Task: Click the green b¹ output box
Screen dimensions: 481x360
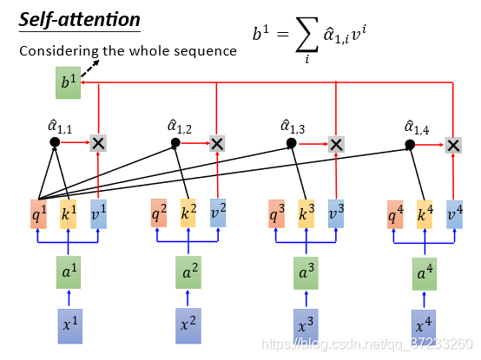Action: pyautogui.click(x=68, y=82)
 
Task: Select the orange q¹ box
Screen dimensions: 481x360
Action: pyautogui.click(x=39, y=214)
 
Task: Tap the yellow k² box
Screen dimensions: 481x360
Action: pyautogui.click(x=188, y=213)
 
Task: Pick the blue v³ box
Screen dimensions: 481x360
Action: pyautogui.click(x=336, y=214)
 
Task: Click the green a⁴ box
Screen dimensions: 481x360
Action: pyautogui.click(x=425, y=274)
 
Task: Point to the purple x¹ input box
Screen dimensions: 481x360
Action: pyautogui.click(x=70, y=326)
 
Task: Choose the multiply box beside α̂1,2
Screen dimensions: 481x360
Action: pyautogui.click(x=217, y=144)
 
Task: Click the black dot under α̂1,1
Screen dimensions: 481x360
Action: pyautogui.click(x=55, y=142)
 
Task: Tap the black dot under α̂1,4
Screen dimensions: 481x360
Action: pyautogui.click(x=410, y=144)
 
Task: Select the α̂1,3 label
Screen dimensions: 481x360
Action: pyautogui.click(x=293, y=128)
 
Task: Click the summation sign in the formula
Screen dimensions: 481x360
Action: pyautogui.click(x=306, y=35)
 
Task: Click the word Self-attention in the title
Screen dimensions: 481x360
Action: pyautogui.click(x=80, y=20)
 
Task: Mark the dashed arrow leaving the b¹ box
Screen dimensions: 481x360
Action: pyautogui.click(x=90, y=69)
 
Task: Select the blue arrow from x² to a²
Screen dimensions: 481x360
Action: pyautogui.click(x=188, y=298)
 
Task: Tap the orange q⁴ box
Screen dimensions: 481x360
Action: pyautogui.click(x=395, y=214)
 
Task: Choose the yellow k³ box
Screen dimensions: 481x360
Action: pyautogui.click(x=306, y=214)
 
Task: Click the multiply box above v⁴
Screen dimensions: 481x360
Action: pyautogui.click(x=453, y=146)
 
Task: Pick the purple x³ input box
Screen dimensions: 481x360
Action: pyautogui.click(x=306, y=326)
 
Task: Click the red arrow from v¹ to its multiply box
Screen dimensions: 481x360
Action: pyautogui.click(x=98, y=175)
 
